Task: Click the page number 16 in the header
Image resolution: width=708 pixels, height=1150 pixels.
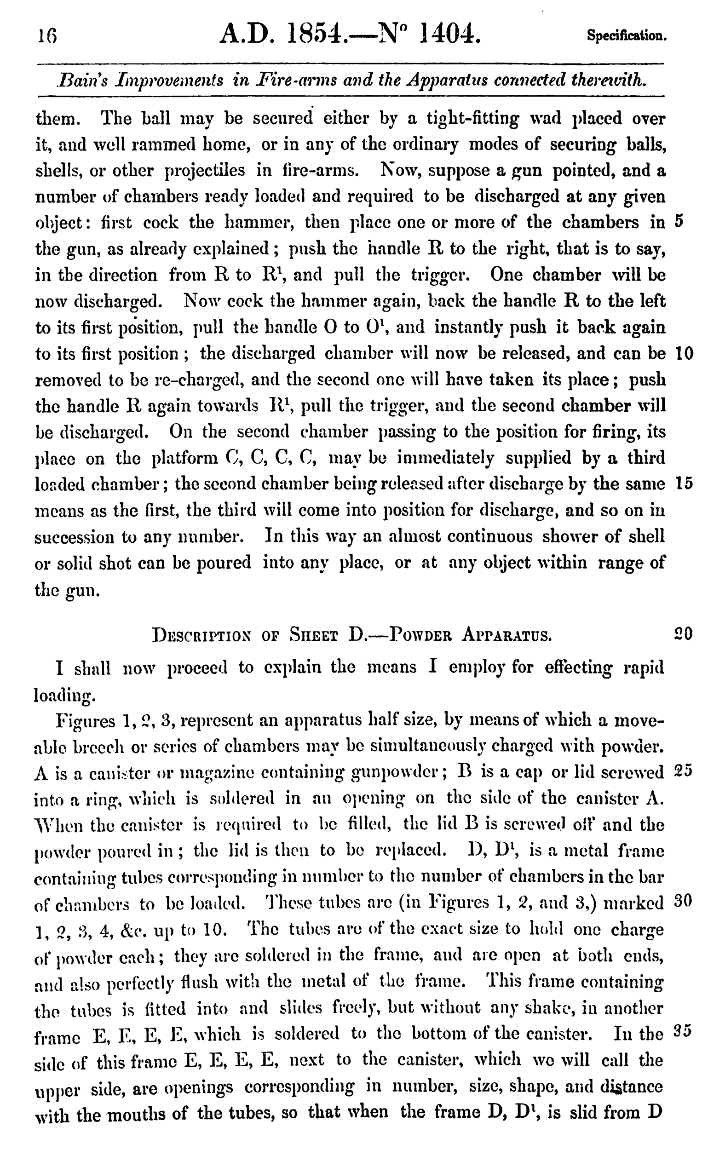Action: [48, 36]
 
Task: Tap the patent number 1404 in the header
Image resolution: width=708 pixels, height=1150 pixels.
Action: [450, 34]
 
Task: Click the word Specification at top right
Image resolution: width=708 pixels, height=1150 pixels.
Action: [627, 36]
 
